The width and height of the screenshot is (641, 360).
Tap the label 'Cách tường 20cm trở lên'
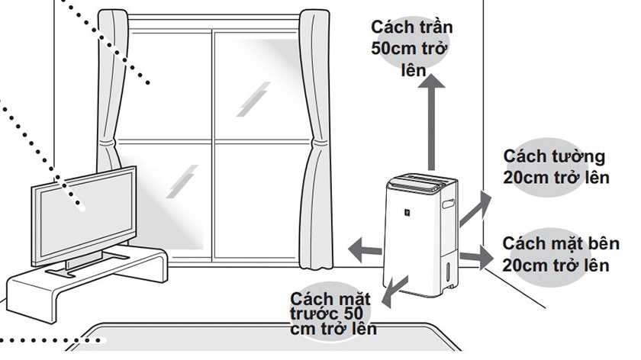(556, 167)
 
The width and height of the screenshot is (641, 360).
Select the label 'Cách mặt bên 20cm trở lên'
(560, 254)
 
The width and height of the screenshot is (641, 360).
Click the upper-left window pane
(170, 84)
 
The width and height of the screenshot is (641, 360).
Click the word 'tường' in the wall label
(579, 157)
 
